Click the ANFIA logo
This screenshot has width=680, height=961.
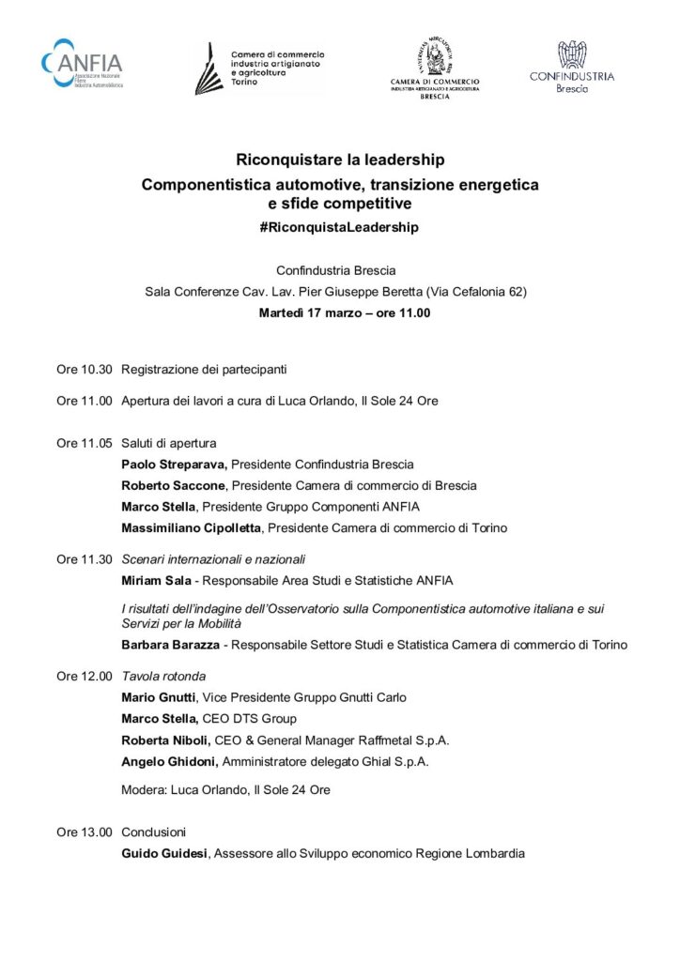coord(82,65)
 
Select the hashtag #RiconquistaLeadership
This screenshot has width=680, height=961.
coord(340,227)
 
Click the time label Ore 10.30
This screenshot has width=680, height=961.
coord(85,369)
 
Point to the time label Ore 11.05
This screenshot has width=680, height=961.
coord(85,442)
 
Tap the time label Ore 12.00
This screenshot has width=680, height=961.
coord(85,675)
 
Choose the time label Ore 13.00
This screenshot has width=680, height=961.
coord(85,831)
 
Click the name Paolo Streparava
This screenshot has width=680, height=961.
coord(174,464)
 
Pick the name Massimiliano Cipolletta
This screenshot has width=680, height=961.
coord(191,527)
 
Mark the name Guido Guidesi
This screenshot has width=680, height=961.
coord(165,853)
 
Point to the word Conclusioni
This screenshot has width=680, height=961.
coord(154,831)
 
